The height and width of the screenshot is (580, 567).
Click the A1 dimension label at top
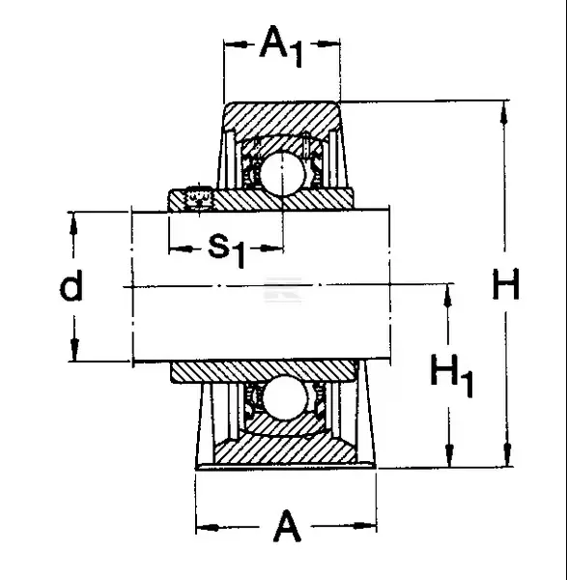click(282, 46)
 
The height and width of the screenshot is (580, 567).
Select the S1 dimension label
click(227, 250)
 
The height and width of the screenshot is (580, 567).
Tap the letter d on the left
click(71, 284)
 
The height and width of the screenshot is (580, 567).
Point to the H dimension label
click(505, 284)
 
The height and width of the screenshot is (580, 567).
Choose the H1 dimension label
click(452, 375)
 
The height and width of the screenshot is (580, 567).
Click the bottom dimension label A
click(287, 526)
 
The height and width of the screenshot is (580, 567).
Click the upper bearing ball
click(282, 173)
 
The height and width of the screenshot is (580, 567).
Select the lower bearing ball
click(284, 398)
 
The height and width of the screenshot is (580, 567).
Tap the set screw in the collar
click(199, 199)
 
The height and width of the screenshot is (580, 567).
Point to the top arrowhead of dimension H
click(504, 113)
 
